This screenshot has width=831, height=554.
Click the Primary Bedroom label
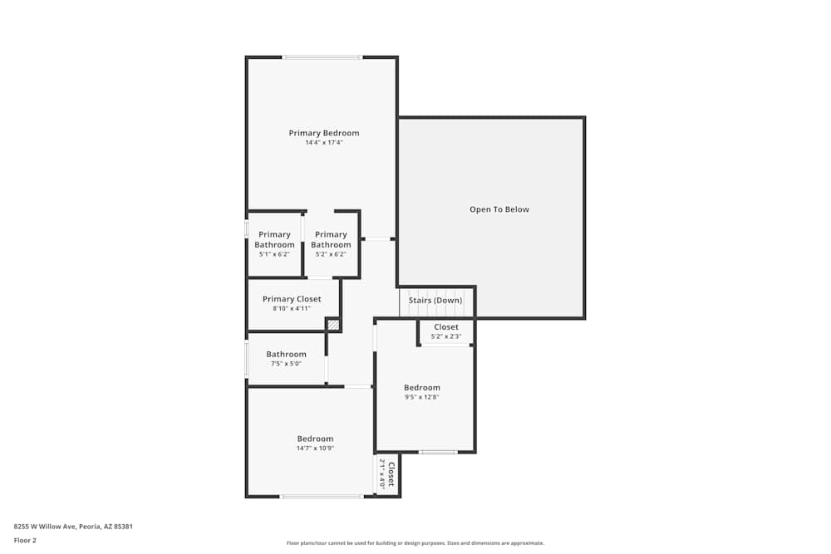pos(324,133)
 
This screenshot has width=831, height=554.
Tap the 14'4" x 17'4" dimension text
pos(324,143)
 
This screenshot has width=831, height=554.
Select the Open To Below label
pos(499,209)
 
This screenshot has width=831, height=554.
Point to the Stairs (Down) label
pos(435,301)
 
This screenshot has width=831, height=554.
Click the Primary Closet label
pos(292,299)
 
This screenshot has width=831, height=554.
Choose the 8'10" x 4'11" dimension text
pos(292,309)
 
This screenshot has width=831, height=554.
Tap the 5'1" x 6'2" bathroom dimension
pos(274,254)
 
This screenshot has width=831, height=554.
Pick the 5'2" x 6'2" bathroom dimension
pos(331,254)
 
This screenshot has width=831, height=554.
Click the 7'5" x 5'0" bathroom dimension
pos(286,364)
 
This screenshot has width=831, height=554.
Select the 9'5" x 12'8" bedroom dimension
pos(422,397)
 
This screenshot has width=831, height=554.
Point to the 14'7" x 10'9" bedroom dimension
pos(315,449)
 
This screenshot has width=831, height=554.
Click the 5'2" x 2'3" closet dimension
pos(446,336)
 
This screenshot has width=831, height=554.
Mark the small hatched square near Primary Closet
pos(333,325)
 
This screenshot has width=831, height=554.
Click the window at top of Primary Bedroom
pos(322,57)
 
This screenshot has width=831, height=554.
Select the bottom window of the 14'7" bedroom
pos(321,497)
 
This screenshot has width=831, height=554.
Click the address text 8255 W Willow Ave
pos(73,526)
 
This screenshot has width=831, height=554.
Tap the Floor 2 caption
pos(25,540)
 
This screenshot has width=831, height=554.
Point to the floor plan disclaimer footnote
pos(415,543)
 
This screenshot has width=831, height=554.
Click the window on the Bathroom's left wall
pos(247,360)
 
